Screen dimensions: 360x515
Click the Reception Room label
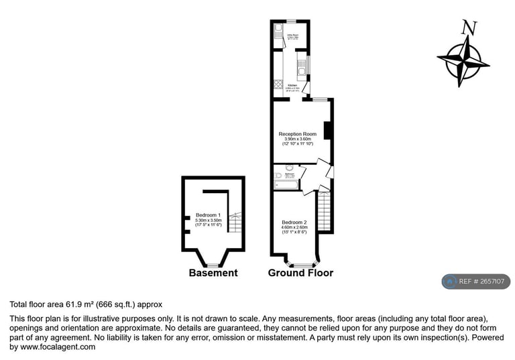[x=297, y=134]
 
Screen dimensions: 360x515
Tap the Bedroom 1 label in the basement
[x=208, y=215]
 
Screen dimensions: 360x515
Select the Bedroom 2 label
[x=294, y=223]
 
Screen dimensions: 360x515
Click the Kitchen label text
[x=292, y=86]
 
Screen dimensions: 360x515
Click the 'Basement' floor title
[x=213, y=273]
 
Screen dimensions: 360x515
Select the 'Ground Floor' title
[x=300, y=273]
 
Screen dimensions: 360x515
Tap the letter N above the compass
[x=469, y=28]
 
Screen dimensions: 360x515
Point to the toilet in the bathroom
[x=289, y=168]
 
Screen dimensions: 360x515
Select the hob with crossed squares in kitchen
[x=278, y=84]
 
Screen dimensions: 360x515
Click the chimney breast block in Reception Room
[x=328, y=130]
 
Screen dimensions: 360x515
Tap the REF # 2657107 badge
[x=475, y=282]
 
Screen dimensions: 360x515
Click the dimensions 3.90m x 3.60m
[x=297, y=139]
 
